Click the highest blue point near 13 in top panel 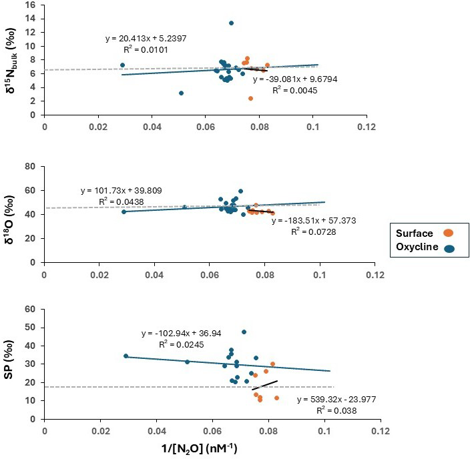tap(231, 23)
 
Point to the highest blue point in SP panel tap(244, 332)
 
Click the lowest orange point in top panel tap(250, 98)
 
